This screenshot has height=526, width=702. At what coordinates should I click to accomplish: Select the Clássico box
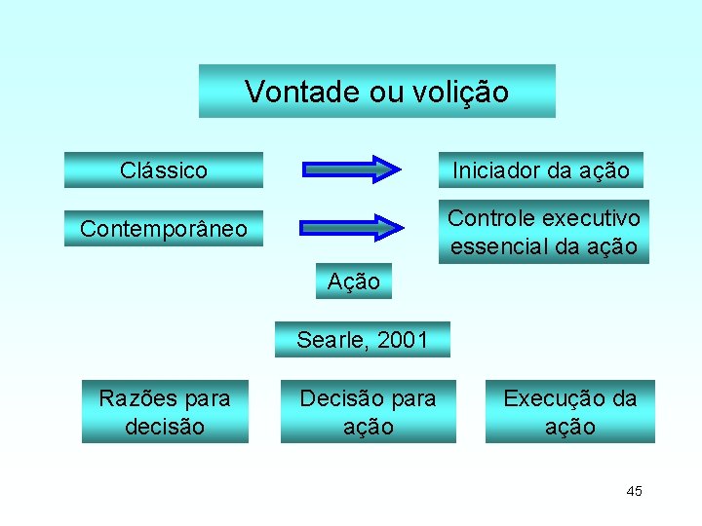[164, 170]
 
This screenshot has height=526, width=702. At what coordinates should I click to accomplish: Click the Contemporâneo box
[164, 229]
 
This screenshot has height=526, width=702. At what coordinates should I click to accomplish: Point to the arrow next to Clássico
[352, 169]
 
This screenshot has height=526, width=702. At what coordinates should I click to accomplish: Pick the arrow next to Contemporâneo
[352, 228]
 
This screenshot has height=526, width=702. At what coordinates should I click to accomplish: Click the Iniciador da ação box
[541, 170]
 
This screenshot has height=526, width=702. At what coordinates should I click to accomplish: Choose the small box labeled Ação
[354, 282]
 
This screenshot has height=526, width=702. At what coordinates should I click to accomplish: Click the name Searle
[333, 340]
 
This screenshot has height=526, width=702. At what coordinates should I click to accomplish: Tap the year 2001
[402, 340]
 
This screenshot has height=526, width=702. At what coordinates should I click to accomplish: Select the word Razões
[136, 398]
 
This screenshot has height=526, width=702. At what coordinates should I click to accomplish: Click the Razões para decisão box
[165, 412]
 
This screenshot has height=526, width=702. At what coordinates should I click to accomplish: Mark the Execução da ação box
[570, 412]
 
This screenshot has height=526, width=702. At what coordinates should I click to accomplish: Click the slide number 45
[634, 491]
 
